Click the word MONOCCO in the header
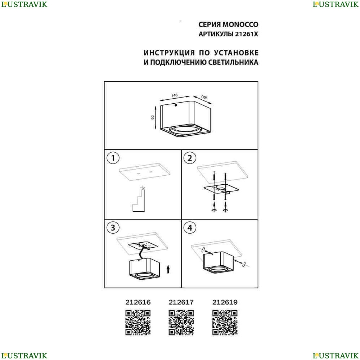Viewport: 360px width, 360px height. pos(240,24)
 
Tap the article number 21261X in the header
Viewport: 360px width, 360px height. pos(246,34)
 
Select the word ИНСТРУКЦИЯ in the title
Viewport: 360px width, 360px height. pos(169,53)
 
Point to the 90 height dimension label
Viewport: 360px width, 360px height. pos(153,117)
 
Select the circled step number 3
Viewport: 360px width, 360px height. pos(113,228)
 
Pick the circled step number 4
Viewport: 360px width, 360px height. pos(190,228)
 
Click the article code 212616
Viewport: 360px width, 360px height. pos(138,302)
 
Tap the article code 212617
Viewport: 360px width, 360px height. pos(181,302)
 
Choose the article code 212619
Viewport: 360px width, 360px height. pos(225,302)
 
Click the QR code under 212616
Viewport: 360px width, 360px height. pos(138,323)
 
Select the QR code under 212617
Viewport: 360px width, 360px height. pos(181,323)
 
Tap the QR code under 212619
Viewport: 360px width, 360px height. pos(225,323)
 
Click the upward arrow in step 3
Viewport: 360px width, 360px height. pos(168,269)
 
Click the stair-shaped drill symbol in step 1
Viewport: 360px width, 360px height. pos(139,199)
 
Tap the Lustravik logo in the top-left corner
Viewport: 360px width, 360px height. pos(24,4)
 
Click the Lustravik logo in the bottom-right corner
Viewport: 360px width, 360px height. pos(336,356)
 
